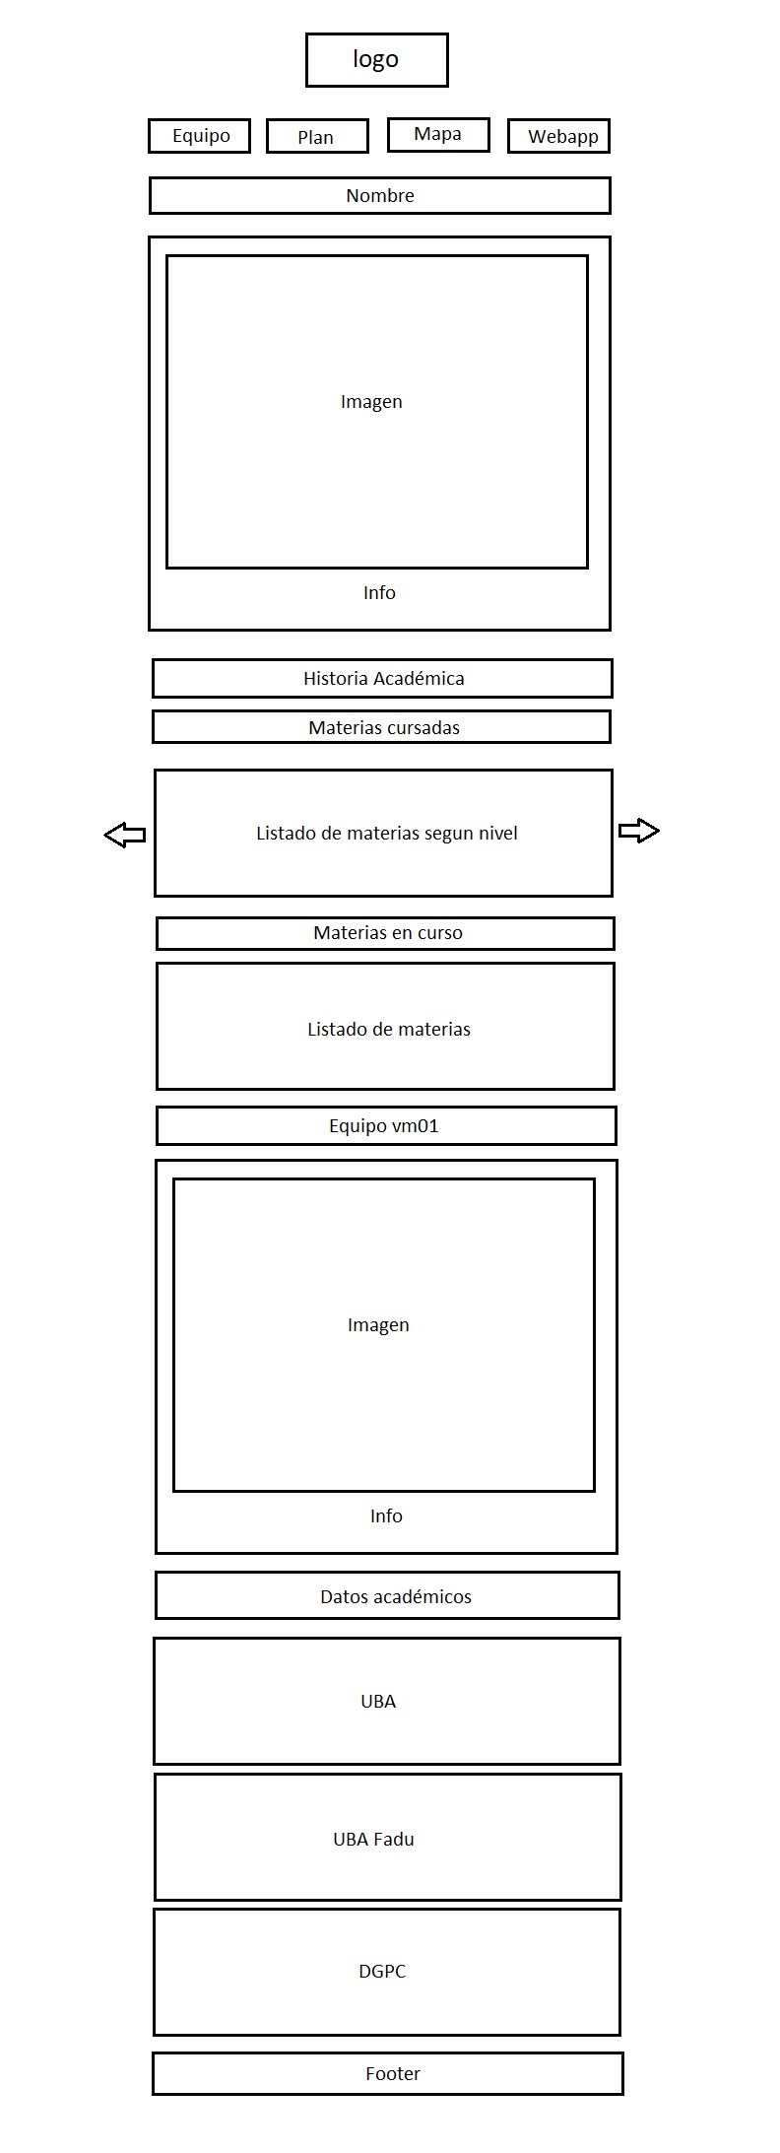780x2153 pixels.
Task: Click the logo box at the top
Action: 377,60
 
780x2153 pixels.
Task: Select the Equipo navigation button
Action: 200,136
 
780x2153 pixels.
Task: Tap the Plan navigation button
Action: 317,137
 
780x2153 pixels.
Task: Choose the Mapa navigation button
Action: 438,135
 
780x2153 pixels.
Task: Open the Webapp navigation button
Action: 559,137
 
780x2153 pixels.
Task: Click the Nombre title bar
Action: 380,195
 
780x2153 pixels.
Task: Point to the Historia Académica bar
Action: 382,678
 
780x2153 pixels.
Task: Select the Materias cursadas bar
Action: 382,727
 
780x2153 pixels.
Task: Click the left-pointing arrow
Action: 125,835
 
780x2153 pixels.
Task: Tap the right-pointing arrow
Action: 639,831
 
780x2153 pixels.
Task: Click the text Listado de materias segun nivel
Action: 387,833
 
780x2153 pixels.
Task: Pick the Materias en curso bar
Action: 386,933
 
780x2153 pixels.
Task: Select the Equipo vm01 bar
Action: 386,1125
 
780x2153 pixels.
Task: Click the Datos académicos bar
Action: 388,1595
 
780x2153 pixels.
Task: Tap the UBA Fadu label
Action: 373,1839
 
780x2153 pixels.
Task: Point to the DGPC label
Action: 382,1971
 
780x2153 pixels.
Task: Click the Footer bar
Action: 388,2073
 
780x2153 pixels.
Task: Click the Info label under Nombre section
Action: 379,592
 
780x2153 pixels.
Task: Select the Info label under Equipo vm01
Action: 386,1515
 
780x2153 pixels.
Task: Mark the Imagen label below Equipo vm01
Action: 378,1325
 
